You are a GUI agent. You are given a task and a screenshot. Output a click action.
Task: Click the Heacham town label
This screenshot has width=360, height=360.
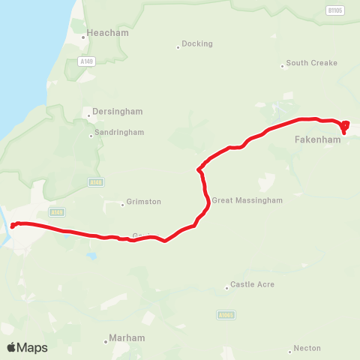[107, 33]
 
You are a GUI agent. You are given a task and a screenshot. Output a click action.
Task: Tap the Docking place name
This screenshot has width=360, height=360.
[197, 44]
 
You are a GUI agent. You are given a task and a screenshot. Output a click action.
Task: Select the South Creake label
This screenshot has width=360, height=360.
[311, 63]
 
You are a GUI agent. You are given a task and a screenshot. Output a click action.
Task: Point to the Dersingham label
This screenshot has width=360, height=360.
[117, 111]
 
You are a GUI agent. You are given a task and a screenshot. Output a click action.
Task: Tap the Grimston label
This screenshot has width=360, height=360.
[144, 202]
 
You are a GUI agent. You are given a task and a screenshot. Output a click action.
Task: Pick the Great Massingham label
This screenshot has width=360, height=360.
[247, 200]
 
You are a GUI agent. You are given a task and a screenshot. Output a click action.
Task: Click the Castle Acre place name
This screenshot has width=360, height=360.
[252, 284]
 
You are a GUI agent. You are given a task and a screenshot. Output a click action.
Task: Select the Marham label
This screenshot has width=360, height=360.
[127, 338]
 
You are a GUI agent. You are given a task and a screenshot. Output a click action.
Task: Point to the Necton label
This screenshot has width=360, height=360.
[307, 348]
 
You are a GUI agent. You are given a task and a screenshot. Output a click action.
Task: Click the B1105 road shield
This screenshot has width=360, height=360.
[334, 10]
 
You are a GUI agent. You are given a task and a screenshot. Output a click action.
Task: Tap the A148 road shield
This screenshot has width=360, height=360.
[94, 181]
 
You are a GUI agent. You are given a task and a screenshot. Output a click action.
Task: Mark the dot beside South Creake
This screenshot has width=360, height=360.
[282, 65]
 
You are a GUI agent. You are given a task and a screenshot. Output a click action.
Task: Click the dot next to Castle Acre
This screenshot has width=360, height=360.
[226, 287]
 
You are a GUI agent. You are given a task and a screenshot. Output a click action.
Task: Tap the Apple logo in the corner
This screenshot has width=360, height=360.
[11, 347]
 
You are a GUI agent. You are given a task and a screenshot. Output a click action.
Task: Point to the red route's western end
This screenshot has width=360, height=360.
[13, 226]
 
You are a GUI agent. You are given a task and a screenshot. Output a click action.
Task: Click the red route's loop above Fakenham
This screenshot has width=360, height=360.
[345, 124]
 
